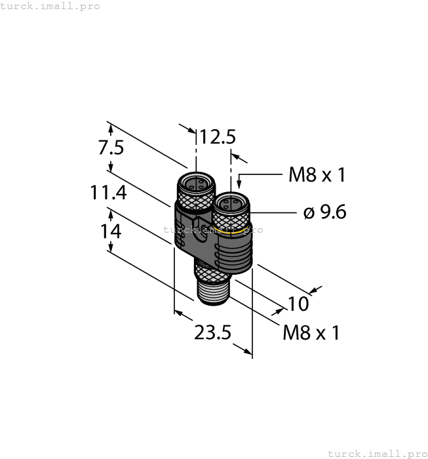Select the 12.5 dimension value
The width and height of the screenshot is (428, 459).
pyautogui.click(x=218, y=137)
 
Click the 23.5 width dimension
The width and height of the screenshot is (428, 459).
pyautogui.click(x=212, y=333)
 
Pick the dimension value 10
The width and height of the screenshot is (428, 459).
pyautogui.click(x=298, y=304)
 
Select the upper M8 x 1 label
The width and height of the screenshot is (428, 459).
pyautogui.click(x=317, y=175)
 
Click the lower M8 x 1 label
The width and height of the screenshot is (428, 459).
pyautogui.click(x=311, y=333)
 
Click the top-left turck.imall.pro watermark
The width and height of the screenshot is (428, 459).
pyautogui.click(x=50, y=6)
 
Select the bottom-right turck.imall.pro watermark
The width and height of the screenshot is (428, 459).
pyautogui.click(x=377, y=453)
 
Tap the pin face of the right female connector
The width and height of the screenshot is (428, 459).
pyautogui.click(x=229, y=203)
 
